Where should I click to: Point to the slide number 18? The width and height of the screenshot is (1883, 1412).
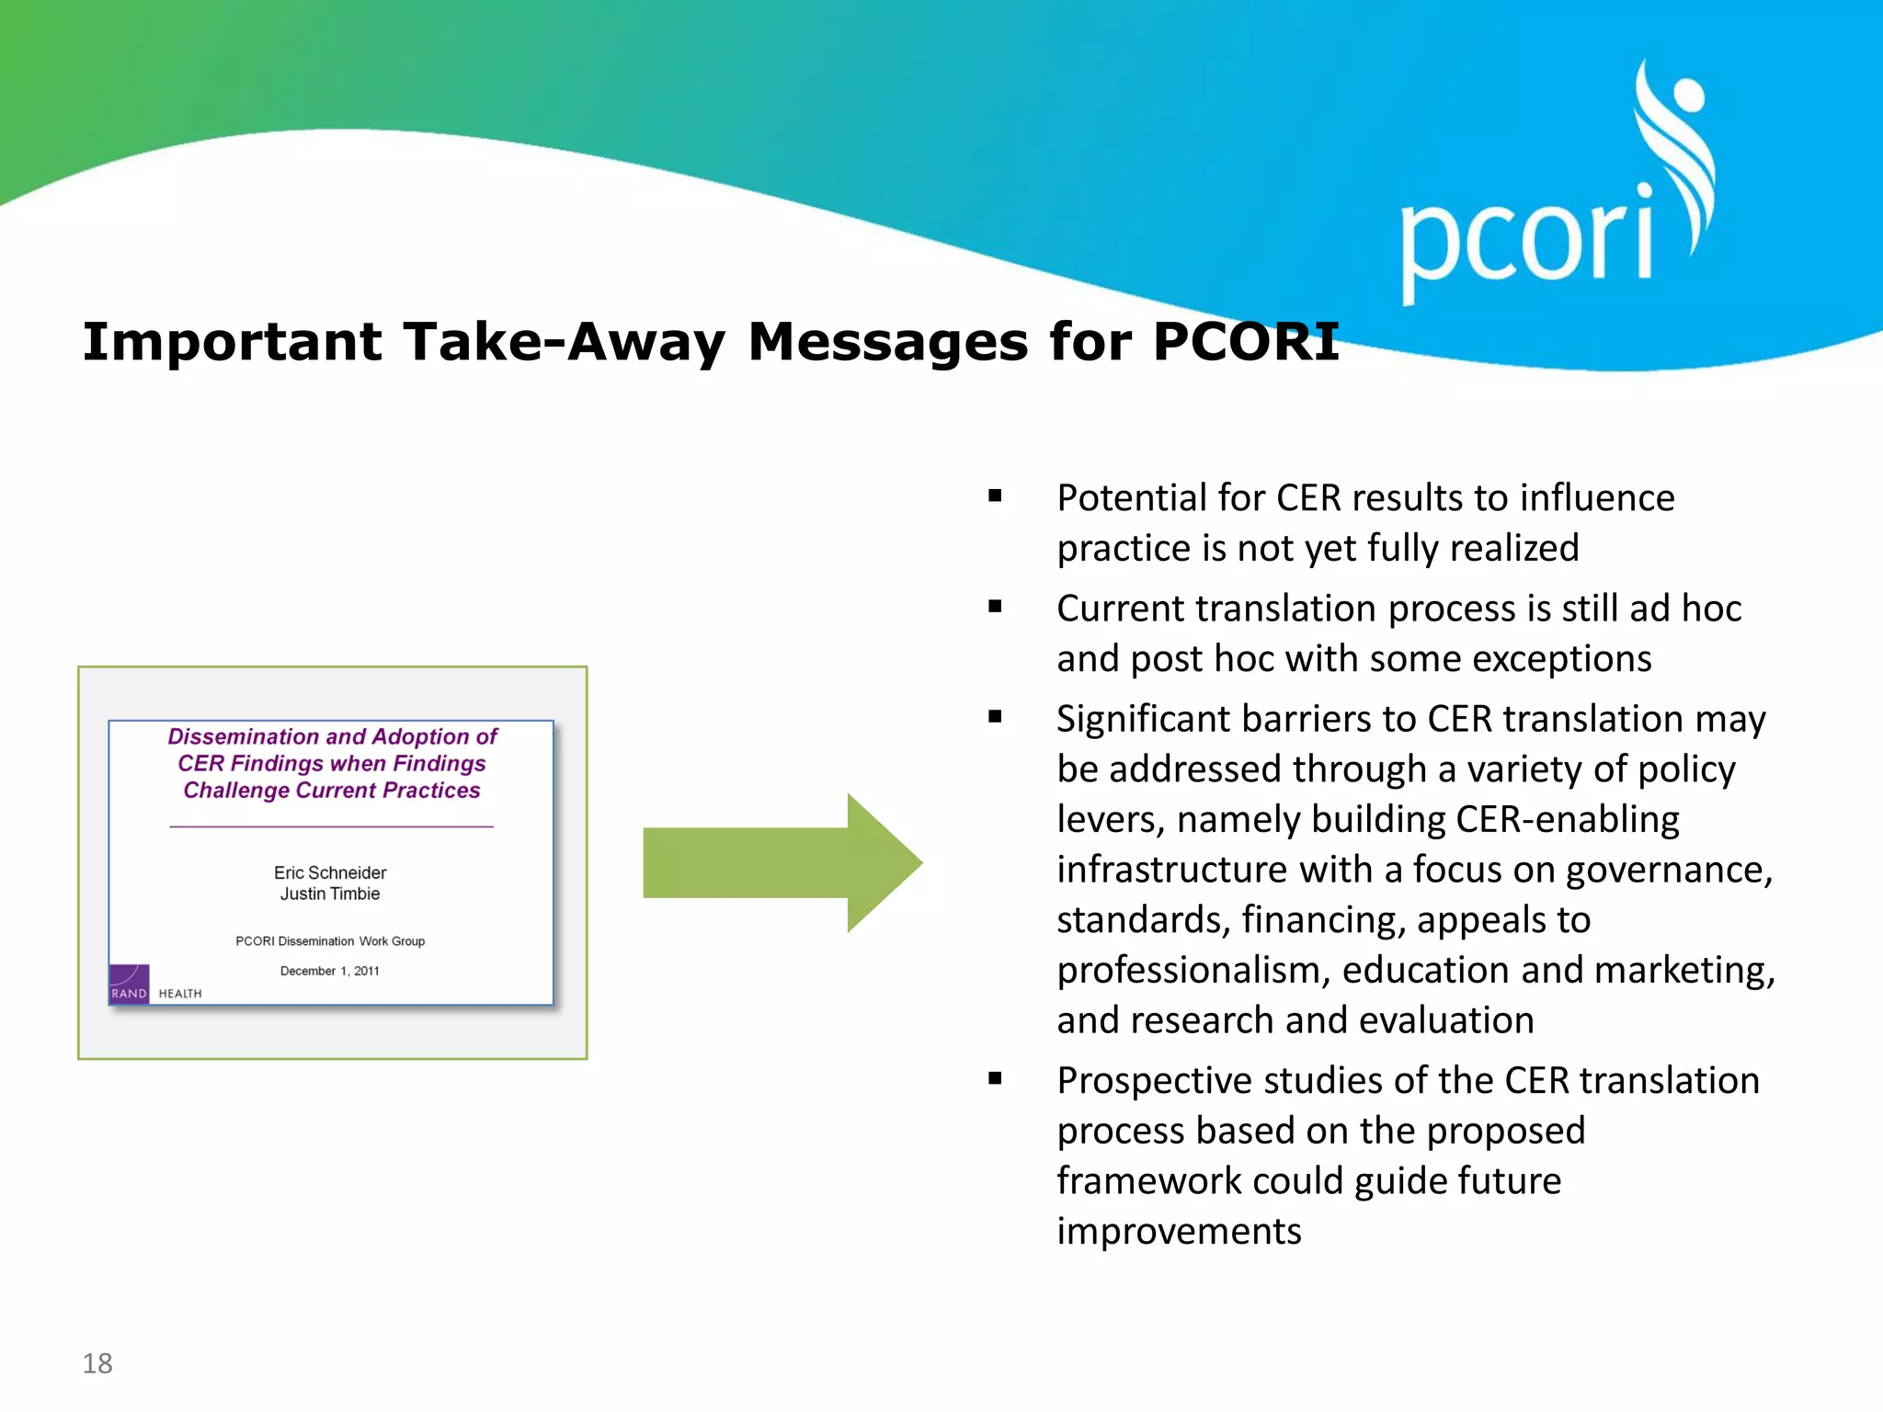[x=97, y=1363]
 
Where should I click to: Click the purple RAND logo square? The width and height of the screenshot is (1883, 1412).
[x=129, y=984]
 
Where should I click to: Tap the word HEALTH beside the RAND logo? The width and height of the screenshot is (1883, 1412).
[x=180, y=994]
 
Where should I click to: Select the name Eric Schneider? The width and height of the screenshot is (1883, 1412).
[x=330, y=872]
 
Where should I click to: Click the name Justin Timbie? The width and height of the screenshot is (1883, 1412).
[x=330, y=894]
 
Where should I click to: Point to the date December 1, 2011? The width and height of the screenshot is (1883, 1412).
[x=329, y=971]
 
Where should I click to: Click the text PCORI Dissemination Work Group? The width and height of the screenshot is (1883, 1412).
[x=330, y=941]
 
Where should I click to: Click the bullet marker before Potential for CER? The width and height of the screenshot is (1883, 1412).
[x=995, y=496]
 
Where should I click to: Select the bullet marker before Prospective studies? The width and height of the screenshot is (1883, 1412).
[x=995, y=1078]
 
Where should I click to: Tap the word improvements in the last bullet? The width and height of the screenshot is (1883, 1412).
[x=1179, y=1232]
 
